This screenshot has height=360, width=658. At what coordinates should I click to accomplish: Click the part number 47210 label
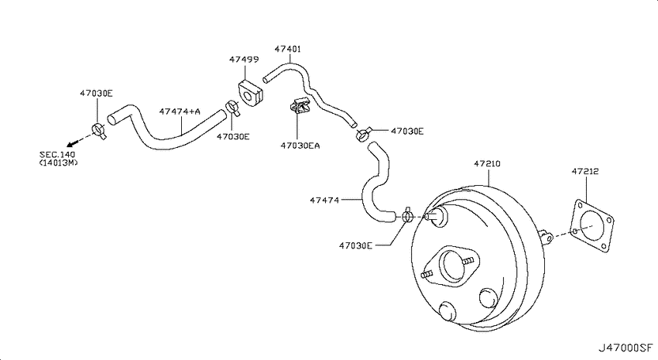(487, 163)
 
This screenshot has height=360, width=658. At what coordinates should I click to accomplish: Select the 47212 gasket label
(585, 171)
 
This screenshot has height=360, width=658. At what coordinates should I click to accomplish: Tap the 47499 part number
(244, 60)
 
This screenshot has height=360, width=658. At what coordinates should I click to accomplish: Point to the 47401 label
(288, 49)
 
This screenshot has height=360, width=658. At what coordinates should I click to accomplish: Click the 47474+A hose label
(180, 111)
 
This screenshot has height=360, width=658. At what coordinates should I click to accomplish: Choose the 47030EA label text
(300, 146)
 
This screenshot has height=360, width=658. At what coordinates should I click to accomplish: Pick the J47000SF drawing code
(625, 348)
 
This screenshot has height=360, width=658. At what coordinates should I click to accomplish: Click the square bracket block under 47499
(250, 94)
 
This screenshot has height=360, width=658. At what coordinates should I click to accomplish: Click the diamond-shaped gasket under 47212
(592, 227)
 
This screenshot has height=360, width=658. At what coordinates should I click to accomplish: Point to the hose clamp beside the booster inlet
(407, 216)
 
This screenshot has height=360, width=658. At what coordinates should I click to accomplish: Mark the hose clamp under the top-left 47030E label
(99, 131)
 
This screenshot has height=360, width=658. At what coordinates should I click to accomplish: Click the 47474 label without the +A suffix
(324, 201)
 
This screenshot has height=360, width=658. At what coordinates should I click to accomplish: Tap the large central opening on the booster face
(452, 266)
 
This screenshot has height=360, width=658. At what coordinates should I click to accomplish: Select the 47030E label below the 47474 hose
(355, 245)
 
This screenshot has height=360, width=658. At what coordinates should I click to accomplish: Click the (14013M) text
(58, 163)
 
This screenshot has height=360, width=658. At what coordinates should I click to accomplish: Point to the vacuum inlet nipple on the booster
(436, 217)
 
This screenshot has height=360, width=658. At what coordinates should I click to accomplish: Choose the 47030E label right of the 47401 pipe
(407, 132)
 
